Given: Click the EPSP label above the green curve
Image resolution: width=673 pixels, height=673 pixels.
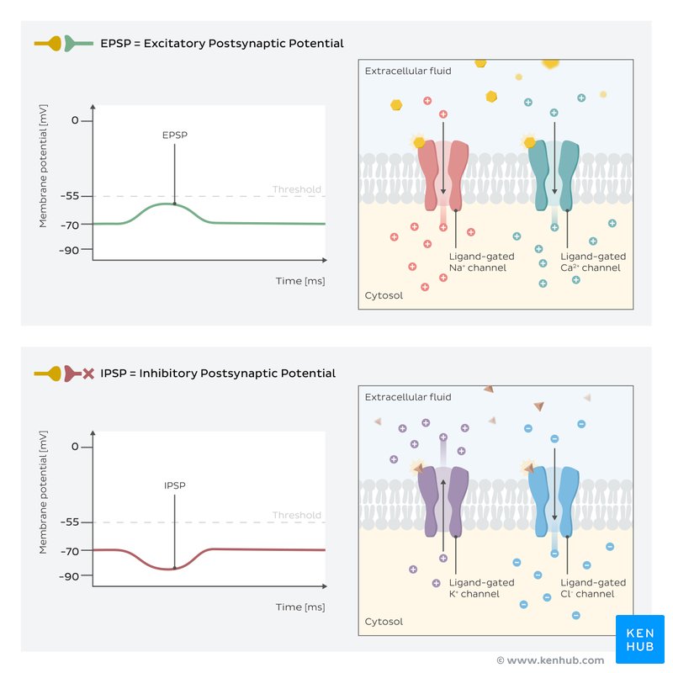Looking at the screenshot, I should click(174, 135).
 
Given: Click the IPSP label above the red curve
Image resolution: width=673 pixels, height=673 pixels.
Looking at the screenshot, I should click(174, 485).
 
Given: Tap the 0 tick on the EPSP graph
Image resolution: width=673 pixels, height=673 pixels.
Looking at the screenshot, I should click(75, 120).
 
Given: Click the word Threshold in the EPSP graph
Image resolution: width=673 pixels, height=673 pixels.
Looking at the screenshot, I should click(296, 189).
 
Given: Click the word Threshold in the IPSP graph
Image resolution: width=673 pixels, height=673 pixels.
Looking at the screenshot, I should click(296, 515).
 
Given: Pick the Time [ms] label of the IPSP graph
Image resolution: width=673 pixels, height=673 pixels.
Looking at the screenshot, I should click(299, 607).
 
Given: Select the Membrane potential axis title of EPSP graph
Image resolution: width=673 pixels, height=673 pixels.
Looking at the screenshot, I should click(43, 172).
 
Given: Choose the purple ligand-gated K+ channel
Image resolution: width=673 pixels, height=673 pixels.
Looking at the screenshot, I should click(442, 501).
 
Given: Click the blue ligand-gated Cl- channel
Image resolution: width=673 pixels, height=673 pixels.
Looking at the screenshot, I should click(554, 501).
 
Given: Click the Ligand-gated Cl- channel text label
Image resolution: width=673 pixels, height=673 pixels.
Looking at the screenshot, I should click(593, 588).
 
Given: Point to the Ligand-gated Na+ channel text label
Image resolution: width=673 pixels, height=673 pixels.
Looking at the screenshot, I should click(481, 262).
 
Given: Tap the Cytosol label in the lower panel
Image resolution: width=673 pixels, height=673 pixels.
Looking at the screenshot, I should click(384, 622).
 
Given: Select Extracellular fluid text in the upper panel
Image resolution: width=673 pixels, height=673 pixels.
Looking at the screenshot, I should click(408, 72).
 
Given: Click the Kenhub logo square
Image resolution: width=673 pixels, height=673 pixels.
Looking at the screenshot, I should click(640, 639).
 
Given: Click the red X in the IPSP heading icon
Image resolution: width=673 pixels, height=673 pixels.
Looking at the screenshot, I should click(87, 374).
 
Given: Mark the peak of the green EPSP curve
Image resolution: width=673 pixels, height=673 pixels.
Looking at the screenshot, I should click(174, 204).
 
